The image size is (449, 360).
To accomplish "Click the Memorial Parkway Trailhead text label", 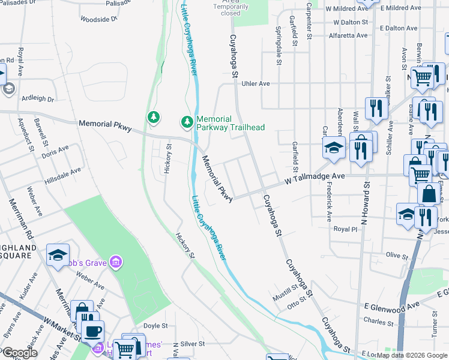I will tap(231, 123).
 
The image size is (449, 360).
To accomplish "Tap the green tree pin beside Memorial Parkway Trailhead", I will tap(187, 122).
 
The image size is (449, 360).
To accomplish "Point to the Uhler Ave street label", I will tap(255, 83).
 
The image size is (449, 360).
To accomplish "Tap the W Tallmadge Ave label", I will tap(315, 176).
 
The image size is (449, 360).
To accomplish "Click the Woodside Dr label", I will tap(98, 19).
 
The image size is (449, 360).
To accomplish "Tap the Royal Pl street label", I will tap(345, 229).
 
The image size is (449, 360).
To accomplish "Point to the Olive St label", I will tap(397, 256).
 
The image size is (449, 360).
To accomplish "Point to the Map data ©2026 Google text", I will tap(411, 355).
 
